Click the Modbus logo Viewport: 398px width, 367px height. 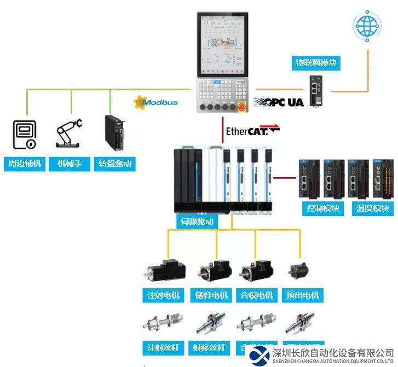click(x=156, y=102)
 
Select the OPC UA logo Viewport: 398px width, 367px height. click(x=280, y=102)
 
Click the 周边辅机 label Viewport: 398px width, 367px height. click(x=25, y=164)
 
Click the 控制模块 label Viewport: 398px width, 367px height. click(x=323, y=208)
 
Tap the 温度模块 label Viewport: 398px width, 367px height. click(x=372, y=208)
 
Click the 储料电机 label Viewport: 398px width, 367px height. click(x=211, y=295)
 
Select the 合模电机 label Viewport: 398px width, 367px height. click(x=257, y=295)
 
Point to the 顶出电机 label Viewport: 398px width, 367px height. click(x=302, y=295)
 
